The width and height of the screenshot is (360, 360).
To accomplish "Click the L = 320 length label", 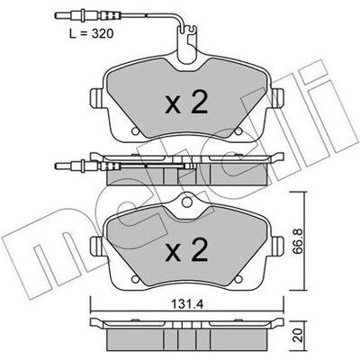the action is [x=92, y=33].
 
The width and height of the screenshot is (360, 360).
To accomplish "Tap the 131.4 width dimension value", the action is [x=187, y=305].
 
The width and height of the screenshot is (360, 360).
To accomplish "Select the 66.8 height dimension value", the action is [x=298, y=241].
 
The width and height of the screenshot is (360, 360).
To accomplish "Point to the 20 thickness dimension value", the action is [x=298, y=336].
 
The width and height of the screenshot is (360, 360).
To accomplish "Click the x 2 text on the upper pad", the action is [x=186, y=102].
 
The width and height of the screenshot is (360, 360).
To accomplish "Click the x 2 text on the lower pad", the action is [x=186, y=249].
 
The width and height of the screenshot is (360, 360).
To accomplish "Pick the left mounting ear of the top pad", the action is [x=96, y=98].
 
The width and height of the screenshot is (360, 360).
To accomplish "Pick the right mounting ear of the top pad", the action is [x=278, y=98].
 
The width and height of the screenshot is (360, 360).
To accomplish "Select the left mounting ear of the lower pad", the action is [x=96, y=246].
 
